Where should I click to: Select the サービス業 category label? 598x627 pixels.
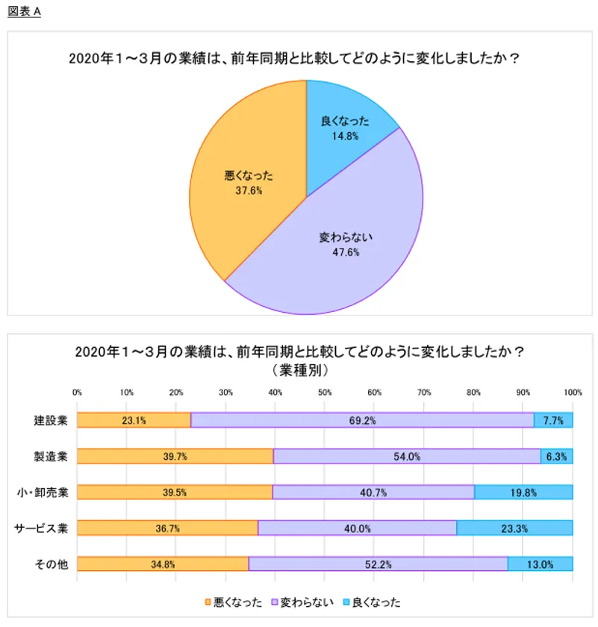point(42,528)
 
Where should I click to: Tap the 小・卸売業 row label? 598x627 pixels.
point(43,492)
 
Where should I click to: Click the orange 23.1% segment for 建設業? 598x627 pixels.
point(134,420)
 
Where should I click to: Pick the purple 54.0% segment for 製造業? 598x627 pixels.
point(407,456)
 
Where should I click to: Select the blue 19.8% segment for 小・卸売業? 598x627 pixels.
point(523,492)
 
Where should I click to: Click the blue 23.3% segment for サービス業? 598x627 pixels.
point(514,528)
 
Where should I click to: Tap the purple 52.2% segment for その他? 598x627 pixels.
point(378,564)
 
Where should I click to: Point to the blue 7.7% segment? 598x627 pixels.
point(553,420)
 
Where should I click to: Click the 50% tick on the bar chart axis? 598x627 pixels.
point(325,392)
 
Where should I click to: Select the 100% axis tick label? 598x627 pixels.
point(573,392)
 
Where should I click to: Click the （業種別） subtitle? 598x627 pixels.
point(298,369)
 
